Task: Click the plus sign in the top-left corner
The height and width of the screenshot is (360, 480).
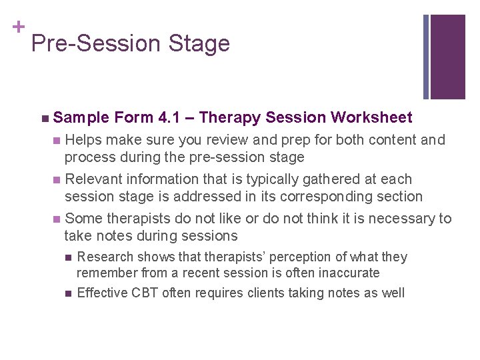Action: [18, 27]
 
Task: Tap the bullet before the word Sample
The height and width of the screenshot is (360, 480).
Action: [44, 119]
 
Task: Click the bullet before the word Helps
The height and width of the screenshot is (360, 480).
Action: [57, 141]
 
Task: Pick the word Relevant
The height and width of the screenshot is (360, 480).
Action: [95, 179]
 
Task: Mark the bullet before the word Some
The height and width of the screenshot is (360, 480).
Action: [57, 219]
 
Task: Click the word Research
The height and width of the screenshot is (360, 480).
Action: [105, 257]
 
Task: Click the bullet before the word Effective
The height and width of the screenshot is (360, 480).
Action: [69, 293]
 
